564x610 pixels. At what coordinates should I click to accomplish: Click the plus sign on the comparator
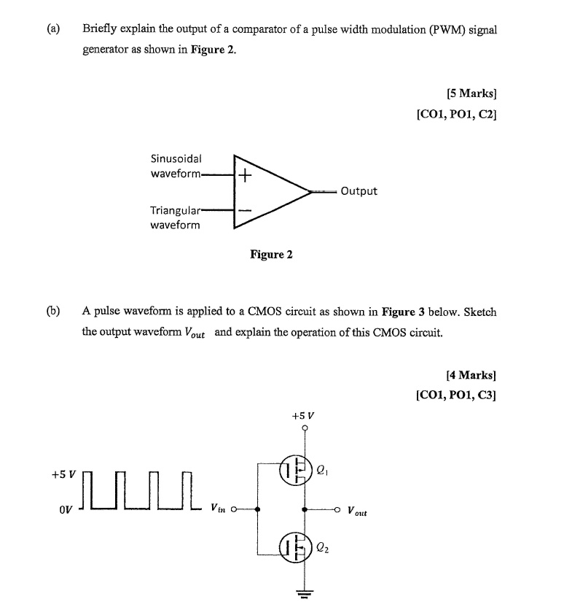click(245, 176)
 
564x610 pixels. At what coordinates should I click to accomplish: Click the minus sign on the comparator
click(245, 211)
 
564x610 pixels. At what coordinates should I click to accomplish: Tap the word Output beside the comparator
click(359, 191)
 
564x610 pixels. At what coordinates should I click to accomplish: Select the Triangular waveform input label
click(175, 217)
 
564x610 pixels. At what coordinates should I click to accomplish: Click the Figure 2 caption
click(271, 255)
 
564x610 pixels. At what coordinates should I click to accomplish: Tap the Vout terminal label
click(357, 511)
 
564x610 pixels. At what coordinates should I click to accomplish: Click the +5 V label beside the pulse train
click(63, 474)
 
